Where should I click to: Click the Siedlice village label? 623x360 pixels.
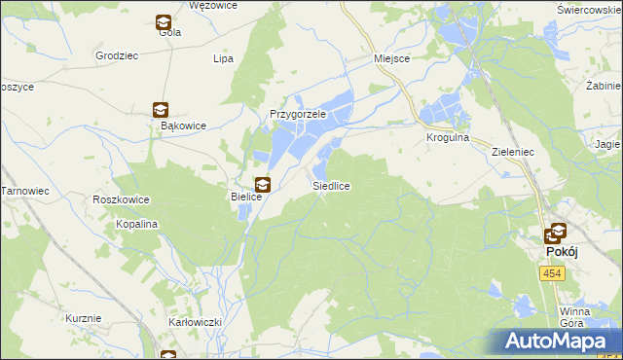331,185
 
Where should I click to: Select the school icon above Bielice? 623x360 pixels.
262,184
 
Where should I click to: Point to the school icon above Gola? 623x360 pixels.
164,22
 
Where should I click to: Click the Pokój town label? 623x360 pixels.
556,251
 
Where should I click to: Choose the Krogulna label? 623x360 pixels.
448,138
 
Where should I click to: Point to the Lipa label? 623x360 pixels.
223,58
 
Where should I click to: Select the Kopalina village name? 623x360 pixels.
138,224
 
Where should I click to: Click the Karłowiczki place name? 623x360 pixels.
196,321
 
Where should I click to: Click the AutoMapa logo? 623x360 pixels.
557,341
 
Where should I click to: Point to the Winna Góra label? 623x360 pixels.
575,318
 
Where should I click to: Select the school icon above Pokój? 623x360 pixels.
557,234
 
